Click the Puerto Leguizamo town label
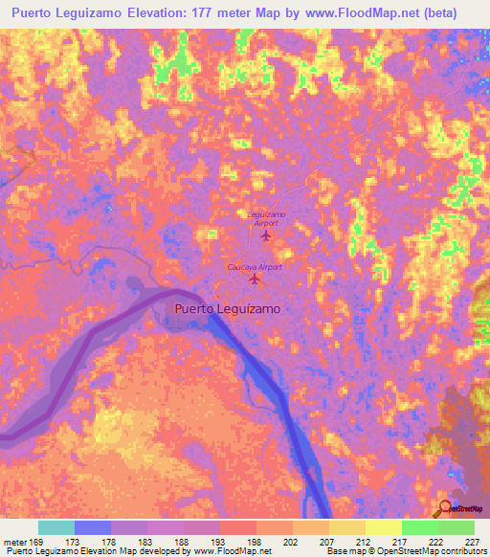pos(228,309)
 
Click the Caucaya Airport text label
pos(255,267)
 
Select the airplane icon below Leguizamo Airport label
pos(266,234)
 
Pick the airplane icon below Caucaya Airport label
pos(254,280)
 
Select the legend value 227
pos(473,542)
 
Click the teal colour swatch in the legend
pos(56,527)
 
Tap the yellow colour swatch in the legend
pos(383,527)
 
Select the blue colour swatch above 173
pos(93,527)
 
